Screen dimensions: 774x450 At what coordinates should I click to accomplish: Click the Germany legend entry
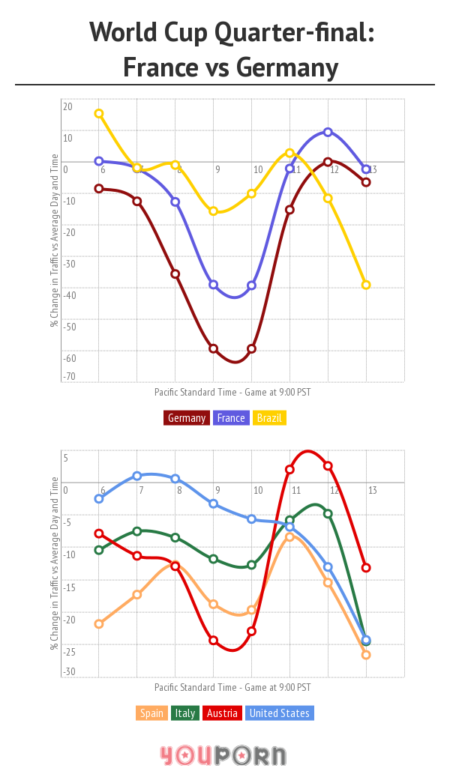coord(186,418)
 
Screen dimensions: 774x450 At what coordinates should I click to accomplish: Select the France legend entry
coord(231,418)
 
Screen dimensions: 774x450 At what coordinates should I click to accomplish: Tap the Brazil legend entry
coord(269,418)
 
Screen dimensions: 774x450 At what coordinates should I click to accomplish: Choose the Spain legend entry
coord(151,713)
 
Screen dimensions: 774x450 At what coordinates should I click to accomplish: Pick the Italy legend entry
coord(185,713)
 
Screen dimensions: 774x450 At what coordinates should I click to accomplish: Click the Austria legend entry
coord(222,713)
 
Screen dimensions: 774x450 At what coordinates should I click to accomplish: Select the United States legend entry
coord(279,713)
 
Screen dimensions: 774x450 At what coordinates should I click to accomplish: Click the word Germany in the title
coord(287,68)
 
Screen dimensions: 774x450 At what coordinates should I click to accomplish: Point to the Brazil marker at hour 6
coord(99,114)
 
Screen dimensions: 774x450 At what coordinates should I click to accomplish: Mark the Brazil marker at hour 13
coord(366,285)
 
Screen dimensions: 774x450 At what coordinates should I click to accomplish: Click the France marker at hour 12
coord(328,132)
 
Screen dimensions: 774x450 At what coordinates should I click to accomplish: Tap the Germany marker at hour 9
coord(214,348)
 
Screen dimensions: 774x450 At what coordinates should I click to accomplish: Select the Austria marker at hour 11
coord(289,470)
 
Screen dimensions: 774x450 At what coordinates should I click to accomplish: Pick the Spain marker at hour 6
coord(99,623)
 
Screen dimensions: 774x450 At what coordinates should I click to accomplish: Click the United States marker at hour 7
coord(137,476)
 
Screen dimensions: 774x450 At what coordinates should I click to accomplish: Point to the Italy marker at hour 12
coord(328,513)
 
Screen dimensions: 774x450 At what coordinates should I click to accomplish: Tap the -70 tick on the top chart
coord(69,376)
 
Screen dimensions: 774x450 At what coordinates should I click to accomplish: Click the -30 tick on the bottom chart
coord(69,672)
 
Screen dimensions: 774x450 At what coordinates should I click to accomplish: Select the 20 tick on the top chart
coord(67,106)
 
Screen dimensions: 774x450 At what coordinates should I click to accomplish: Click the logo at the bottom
coord(223,754)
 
